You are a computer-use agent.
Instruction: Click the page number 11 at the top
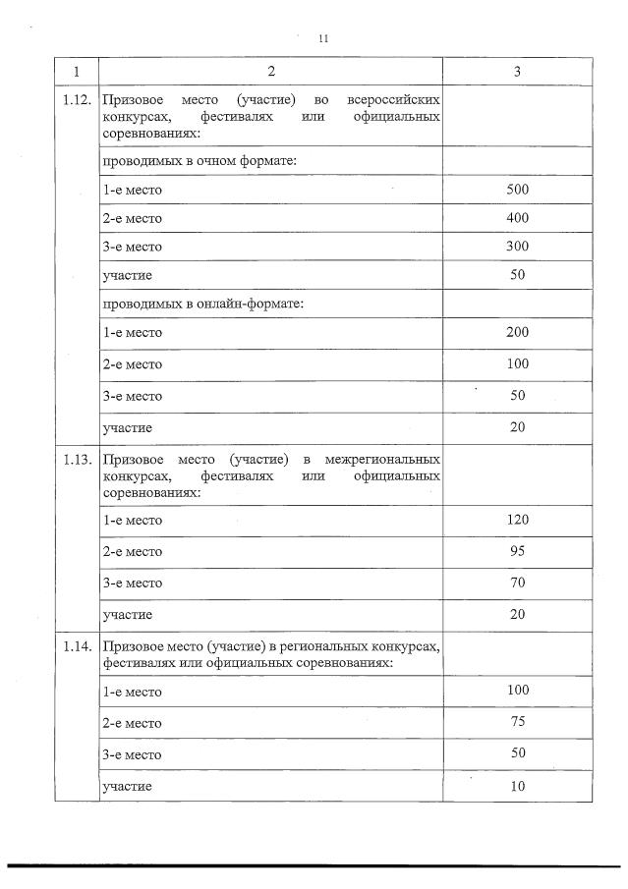pos(322,38)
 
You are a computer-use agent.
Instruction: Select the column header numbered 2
pos(270,72)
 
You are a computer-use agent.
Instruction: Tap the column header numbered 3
pos(517,72)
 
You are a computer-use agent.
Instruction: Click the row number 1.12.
pos(77,101)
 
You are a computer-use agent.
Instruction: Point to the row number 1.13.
pos(77,460)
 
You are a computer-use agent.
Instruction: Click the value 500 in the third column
pos(517,189)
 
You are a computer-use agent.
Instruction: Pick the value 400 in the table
pos(517,217)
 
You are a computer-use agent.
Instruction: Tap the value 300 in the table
pos(517,247)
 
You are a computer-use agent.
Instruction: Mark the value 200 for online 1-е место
pos(517,332)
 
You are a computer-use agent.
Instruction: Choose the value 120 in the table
pos(517,519)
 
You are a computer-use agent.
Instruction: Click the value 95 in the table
pos(517,551)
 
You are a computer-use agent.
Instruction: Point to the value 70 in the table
pos(517,583)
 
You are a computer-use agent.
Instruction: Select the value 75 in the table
pos(517,721)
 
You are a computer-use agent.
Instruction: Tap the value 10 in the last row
pos(517,786)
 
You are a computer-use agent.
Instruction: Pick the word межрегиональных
pos(382,460)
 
